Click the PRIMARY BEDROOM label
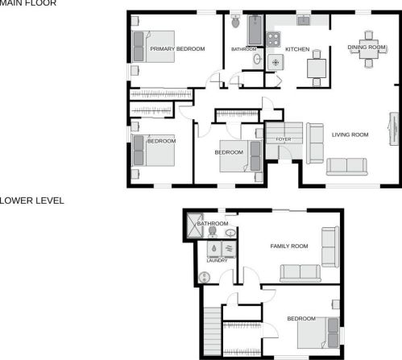pos(177,49)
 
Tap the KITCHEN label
pos(297,49)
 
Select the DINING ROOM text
pos(367,48)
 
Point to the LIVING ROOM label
pos(350,134)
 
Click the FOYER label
pos(284,139)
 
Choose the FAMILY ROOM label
pos(289,246)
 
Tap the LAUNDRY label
pos(217,261)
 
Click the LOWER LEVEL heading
pos(31,201)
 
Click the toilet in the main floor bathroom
pos(235,22)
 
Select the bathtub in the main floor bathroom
pos(255,30)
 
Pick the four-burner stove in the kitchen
pos(273,39)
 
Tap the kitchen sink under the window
pos(304,20)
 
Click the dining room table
pos(369,49)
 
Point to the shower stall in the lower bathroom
pos(195,226)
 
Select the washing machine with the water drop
pos(214,249)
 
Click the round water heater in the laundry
pos(205,277)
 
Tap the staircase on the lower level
pos(212,331)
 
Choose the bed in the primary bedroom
pos(153,47)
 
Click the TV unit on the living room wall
pos(394,129)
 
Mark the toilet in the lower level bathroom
pos(213,232)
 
